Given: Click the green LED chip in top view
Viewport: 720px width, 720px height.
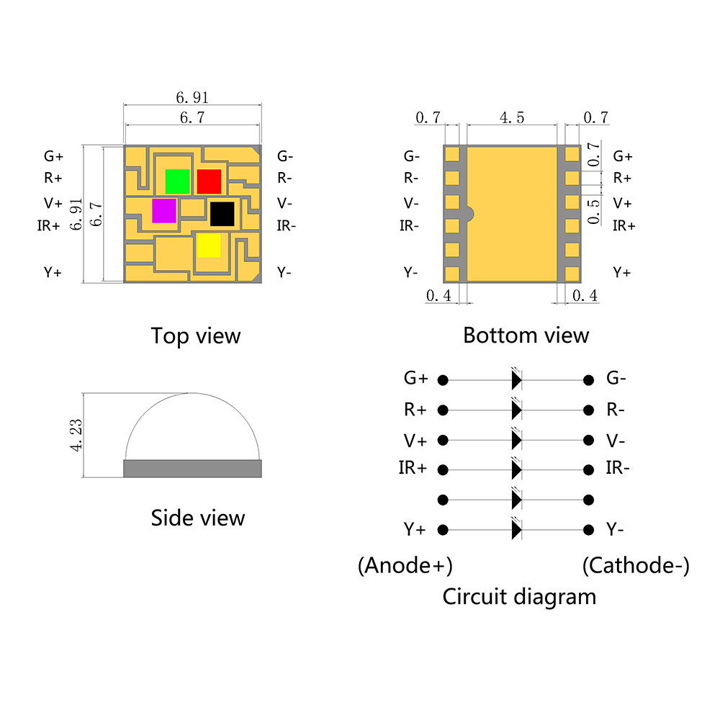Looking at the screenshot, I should (x=177, y=181).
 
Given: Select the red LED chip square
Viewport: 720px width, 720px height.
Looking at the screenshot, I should (x=209, y=181).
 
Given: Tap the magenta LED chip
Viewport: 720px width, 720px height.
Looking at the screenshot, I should (x=164, y=211).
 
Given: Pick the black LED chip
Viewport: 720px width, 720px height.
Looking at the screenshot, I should (x=222, y=214).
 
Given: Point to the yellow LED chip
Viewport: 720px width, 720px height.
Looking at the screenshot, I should (x=209, y=246).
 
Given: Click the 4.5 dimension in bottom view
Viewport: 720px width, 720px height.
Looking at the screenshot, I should (x=511, y=118).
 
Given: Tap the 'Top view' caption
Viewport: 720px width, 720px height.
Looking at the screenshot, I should (x=196, y=336).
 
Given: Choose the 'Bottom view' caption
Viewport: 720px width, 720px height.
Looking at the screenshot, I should (x=526, y=336).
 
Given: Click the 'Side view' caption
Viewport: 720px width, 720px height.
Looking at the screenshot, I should (x=198, y=518).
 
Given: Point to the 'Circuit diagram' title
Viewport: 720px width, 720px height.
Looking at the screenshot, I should (x=519, y=596).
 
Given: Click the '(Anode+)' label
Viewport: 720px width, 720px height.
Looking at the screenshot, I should (x=405, y=566).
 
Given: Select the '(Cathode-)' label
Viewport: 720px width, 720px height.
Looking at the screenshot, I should (x=635, y=566).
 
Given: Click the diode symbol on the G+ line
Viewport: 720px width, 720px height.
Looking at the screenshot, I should (x=516, y=379).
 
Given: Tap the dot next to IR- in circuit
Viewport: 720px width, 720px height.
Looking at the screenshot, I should (x=589, y=469).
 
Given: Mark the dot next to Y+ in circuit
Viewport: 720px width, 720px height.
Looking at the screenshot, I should (x=444, y=530).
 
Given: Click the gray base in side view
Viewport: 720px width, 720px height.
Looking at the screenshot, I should (x=192, y=469).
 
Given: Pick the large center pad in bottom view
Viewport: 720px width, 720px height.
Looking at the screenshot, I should (x=513, y=214).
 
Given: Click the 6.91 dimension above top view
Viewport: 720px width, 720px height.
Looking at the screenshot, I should (x=192, y=97).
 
